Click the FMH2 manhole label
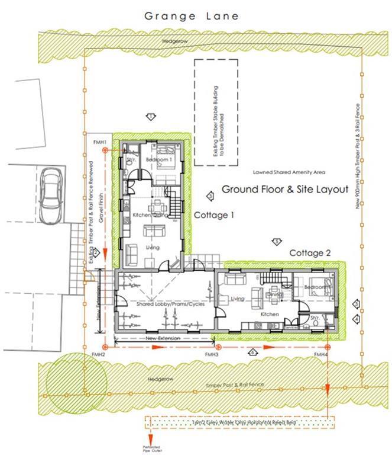pos(98,354)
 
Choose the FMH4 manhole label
pos(321,354)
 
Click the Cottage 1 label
pos(214,216)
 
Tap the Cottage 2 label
pos(309,253)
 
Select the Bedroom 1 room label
pos(160,160)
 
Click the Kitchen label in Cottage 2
pos(269,314)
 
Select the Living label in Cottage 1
pos(153,246)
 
